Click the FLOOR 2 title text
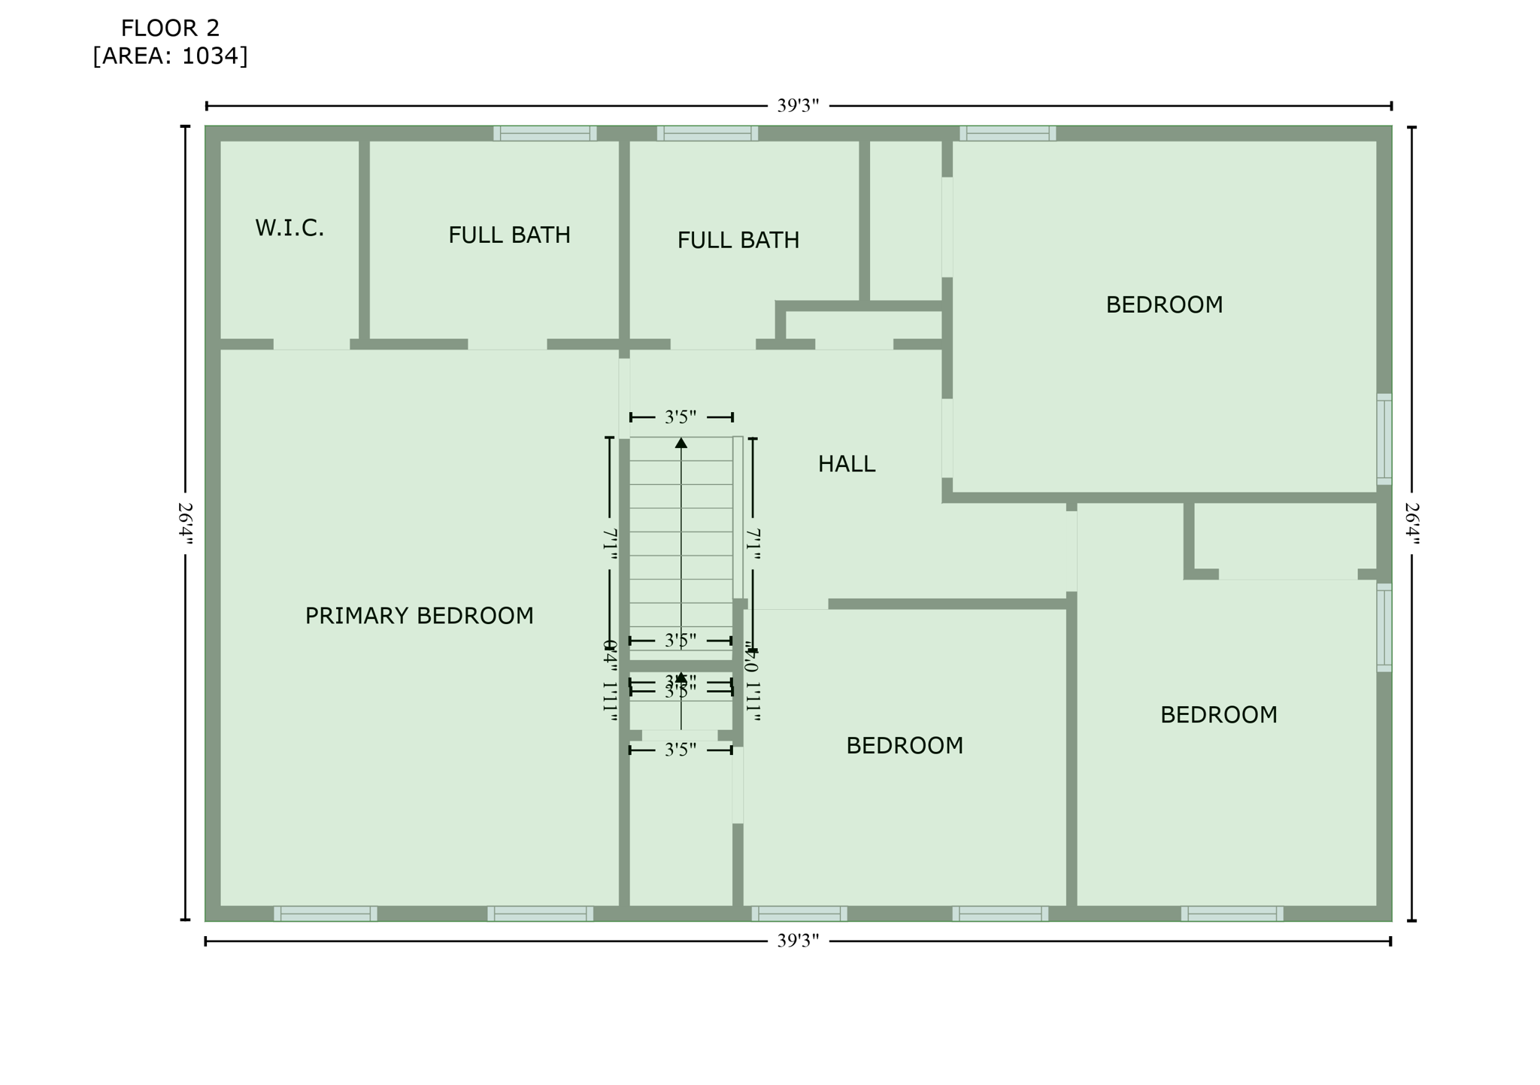(x=170, y=29)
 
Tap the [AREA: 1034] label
(x=170, y=56)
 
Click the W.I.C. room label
(x=290, y=228)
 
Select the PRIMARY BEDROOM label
(x=419, y=616)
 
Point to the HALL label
(x=847, y=464)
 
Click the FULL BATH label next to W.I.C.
(x=509, y=235)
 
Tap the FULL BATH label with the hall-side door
(x=738, y=241)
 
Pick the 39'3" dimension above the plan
(x=797, y=106)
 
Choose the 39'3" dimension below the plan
(x=797, y=941)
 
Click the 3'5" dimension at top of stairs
(x=681, y=417)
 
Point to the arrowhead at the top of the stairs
(x=681, y=443)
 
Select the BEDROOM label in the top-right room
(x=1164, y=305)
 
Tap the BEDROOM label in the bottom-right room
(x=1218, y=714)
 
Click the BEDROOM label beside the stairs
(x=904, y=745)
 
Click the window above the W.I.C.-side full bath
(x=544, y=133)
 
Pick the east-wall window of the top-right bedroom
(x=1384, y=439)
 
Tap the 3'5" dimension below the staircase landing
(x=681, y=750)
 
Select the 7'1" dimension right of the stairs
(x=753, y=544)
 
